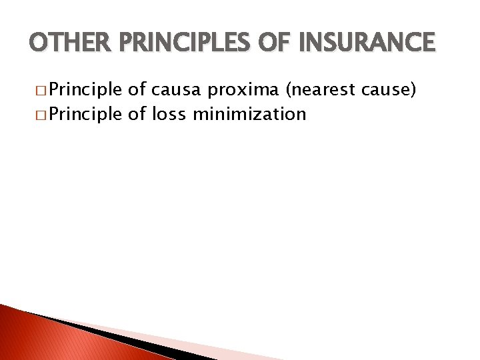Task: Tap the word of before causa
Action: click(x=137, y=89)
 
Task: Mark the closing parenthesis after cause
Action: click(x=419, y=89)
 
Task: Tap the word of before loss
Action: click(x=137, y=114)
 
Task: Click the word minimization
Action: click(x=249, y=114)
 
